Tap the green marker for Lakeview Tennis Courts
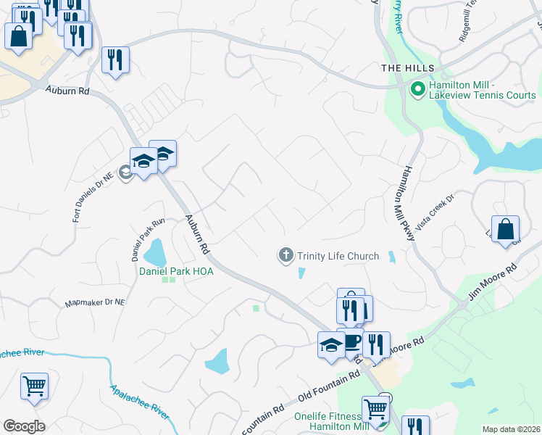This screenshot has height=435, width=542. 417,90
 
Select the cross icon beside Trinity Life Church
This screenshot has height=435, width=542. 285,255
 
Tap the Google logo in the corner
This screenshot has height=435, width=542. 24,426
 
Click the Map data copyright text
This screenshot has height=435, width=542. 511,429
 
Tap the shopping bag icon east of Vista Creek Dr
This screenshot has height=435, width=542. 505,229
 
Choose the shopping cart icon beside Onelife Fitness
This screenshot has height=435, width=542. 375,410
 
